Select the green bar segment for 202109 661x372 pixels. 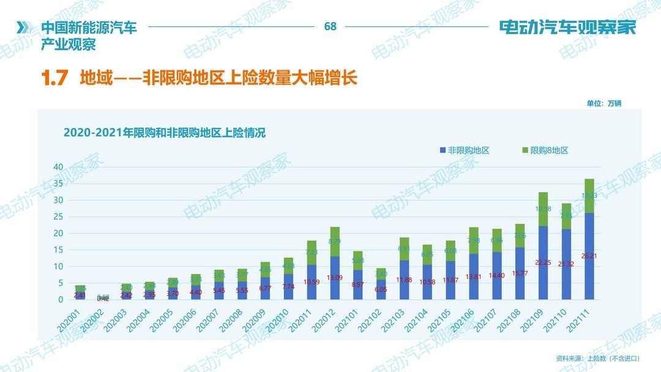543,209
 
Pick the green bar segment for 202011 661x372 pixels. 312,253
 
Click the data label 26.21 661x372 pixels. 589,256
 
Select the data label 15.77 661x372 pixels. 520,273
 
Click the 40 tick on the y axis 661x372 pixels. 58,167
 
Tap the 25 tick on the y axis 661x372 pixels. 58,217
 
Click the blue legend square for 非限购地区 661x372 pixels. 443,151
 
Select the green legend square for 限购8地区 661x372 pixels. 525,151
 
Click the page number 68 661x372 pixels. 330,26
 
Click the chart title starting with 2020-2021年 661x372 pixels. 165,133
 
